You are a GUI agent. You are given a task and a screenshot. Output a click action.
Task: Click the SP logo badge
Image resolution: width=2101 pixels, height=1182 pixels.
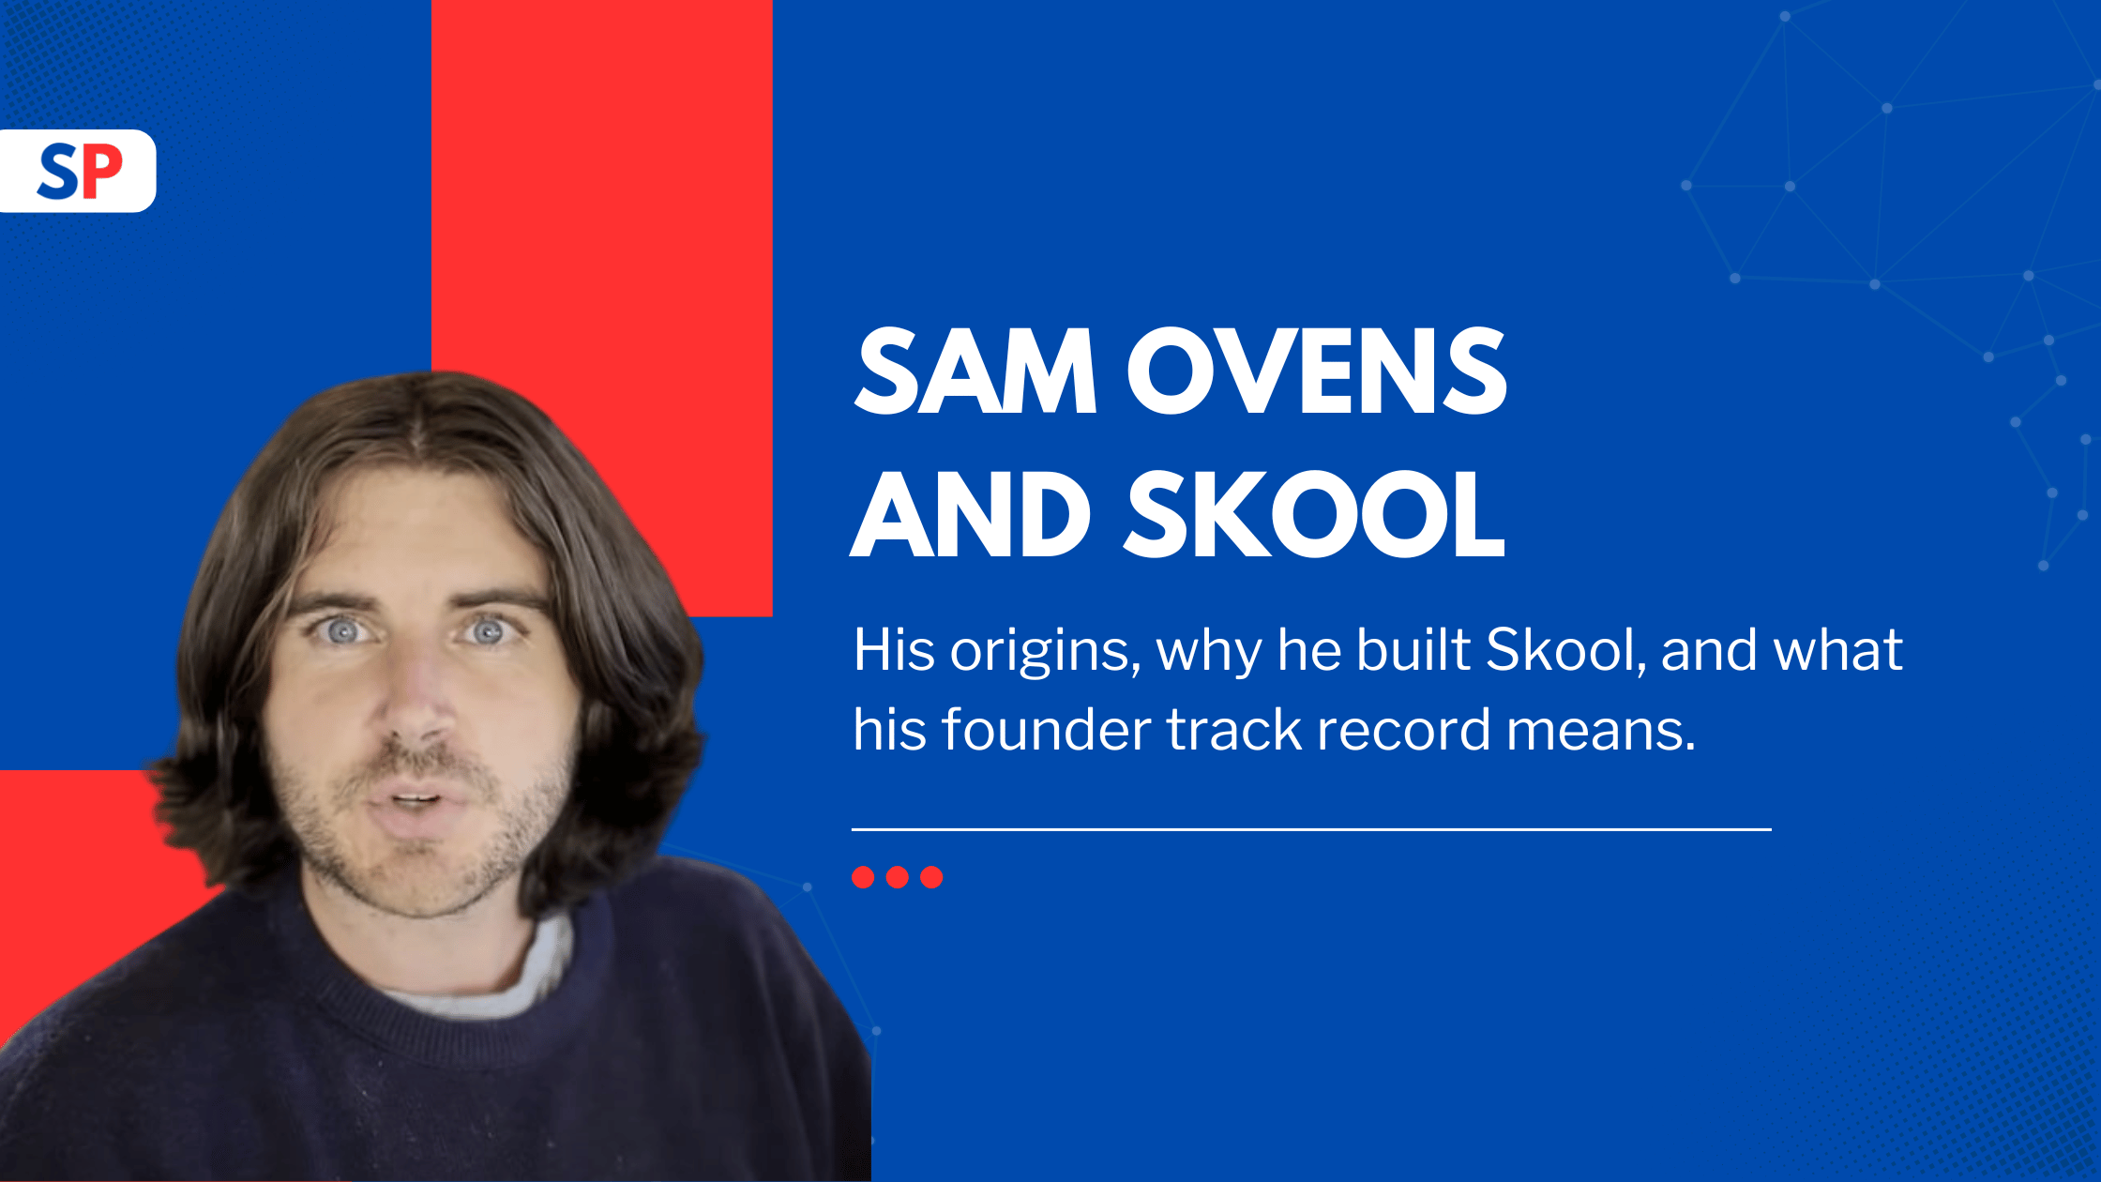point(78,171)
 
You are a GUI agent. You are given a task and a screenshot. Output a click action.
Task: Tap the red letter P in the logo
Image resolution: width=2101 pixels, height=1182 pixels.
point(100,171)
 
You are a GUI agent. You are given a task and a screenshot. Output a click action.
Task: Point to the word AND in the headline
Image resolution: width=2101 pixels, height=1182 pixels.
point(970,514)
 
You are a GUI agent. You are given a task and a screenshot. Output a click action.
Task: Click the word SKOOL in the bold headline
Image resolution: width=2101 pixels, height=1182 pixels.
point(1315,514)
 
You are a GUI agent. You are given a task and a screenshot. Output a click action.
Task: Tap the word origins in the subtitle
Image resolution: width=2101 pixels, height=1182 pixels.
point(1045,651)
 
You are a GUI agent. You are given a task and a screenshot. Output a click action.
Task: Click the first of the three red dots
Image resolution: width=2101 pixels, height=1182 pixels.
point(863,877)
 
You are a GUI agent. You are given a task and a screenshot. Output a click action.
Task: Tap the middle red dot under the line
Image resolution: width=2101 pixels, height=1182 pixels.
point(898,877)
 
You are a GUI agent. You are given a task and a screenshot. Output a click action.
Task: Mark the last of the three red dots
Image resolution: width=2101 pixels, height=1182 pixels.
point(931,877)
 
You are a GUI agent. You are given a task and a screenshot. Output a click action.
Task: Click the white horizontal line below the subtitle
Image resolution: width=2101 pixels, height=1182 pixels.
point(1311,829)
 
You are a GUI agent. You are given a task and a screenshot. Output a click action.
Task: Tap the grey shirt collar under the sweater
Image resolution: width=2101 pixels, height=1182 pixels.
point(488,976)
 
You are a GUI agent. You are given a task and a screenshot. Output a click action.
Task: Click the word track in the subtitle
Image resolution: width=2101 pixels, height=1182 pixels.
point(1234,730)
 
